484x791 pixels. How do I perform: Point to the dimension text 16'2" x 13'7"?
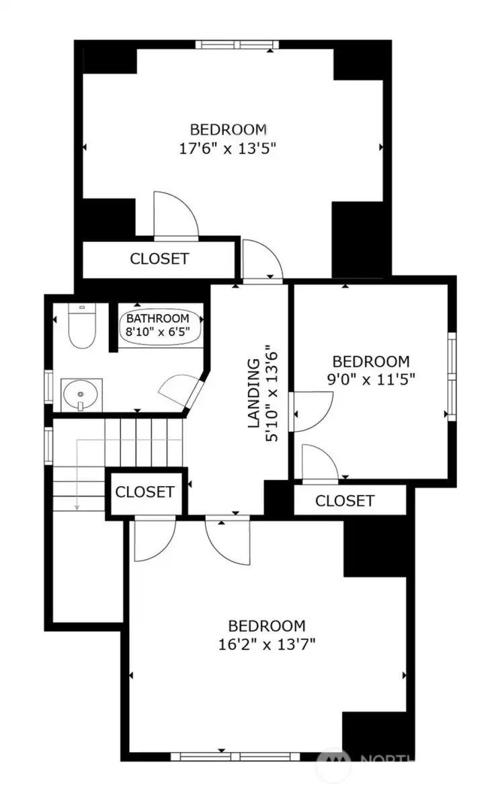(267, 645)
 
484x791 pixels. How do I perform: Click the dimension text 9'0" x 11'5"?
(371, 379)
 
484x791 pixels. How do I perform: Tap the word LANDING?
(254, 393)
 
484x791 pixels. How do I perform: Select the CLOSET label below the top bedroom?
(159, 259)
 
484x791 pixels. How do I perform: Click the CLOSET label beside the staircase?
(145, 492)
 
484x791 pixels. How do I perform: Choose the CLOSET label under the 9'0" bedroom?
(344, 501)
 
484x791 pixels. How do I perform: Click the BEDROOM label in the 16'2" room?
(267, 626)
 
